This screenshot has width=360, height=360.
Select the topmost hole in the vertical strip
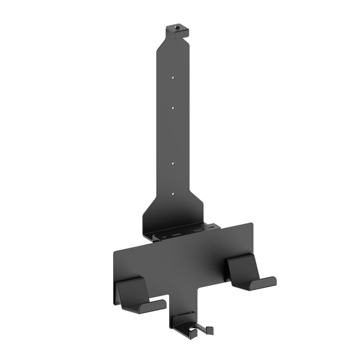(173, 78)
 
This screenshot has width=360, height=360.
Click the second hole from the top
(173, 108)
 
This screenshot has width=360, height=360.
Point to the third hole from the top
(173, 164)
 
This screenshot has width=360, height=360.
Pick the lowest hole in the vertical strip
(173, 194)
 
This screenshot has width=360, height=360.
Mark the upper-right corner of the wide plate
(252, 224)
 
